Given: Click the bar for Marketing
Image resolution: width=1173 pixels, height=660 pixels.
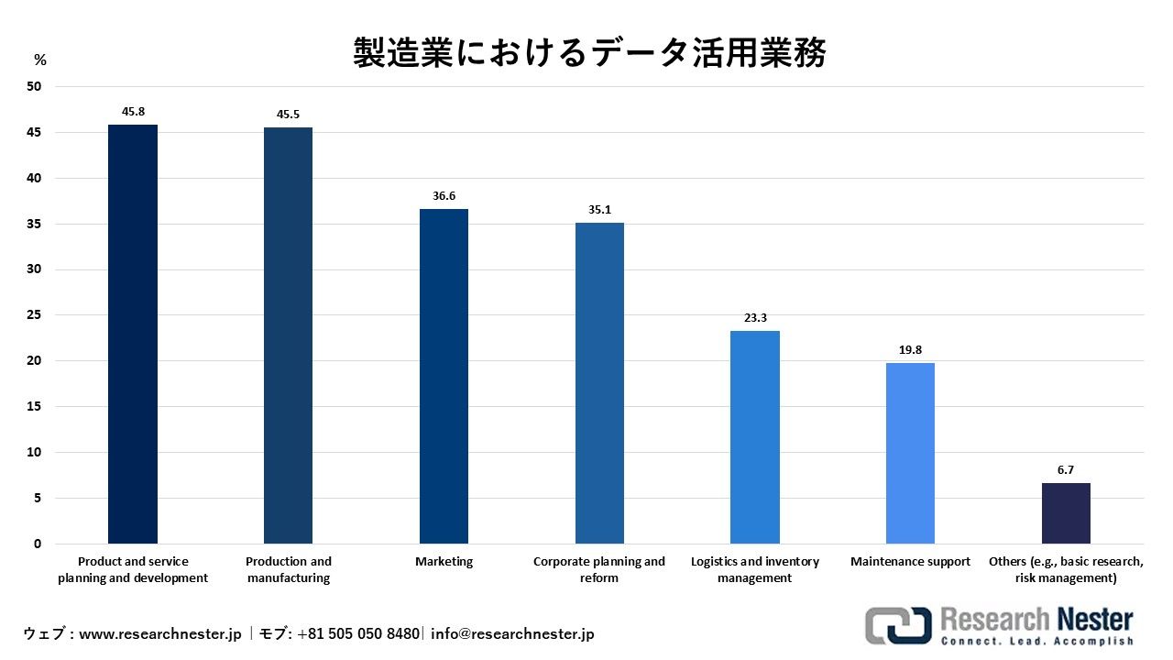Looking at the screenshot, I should tap(444, 376).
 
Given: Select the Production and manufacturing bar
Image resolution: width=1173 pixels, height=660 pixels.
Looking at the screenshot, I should tap(288, 335).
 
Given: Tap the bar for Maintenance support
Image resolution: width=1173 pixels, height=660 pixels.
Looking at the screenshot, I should tap(910, 453).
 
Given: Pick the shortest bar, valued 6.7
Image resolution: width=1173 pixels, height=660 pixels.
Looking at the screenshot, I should tap(1066, 513).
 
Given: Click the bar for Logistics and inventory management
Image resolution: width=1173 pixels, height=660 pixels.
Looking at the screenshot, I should tap(755, 437).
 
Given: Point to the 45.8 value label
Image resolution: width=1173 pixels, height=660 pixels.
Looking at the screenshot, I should tap(133, 112).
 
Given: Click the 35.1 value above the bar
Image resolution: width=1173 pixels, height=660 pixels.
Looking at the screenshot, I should tap(599, 209).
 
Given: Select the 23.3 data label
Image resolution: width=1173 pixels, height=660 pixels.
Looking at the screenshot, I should tap(755, 318).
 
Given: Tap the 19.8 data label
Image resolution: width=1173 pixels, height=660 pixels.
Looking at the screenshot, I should tap(910, 349).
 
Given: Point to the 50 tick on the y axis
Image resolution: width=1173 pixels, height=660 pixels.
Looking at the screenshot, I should tap(35, 87).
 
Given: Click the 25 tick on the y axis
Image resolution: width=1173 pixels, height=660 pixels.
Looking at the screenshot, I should tap(35, 315).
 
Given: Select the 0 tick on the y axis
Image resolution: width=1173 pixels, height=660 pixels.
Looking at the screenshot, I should tap(38, 544).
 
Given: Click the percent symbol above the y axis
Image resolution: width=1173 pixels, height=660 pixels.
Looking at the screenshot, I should tap(39, 60).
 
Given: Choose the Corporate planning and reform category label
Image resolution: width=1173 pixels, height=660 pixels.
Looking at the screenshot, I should tap(599, 569).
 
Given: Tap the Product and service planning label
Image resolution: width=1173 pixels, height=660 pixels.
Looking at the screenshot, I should tap(133, 569).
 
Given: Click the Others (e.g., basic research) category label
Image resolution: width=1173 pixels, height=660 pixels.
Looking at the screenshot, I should tap(1066, 569).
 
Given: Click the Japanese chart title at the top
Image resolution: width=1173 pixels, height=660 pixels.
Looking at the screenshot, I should tap(590, 53).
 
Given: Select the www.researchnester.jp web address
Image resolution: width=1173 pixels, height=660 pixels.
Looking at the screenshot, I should tap(160, 633).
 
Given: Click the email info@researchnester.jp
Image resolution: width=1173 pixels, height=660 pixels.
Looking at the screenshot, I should tap(512, 633).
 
